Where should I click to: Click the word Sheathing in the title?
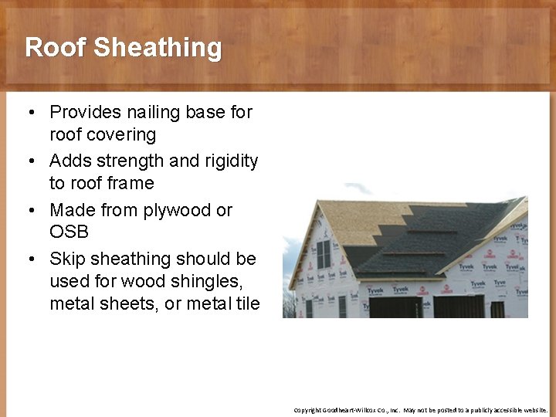tap(158, 47)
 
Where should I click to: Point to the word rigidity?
tap(231, 161)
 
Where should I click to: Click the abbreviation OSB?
tap(69, 232)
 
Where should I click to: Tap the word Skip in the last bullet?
tap(66, 258)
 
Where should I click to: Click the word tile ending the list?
tap(248, 303)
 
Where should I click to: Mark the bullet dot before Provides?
tap(29, 113)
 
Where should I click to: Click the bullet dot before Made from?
tap(29, 211)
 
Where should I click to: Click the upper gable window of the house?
tap(324, 253)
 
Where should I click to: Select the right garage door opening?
tap(459, 307)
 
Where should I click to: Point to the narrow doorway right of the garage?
tap(497, 309)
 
